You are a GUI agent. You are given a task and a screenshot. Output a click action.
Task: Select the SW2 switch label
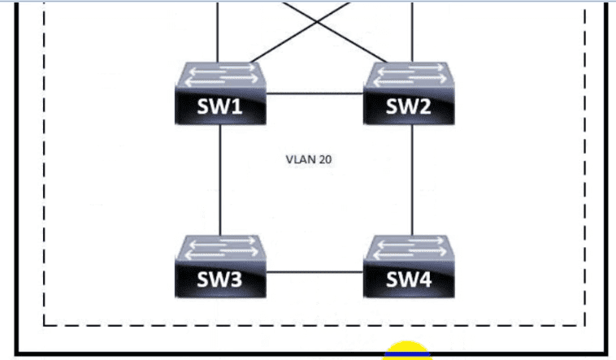pyautogui.click(x=409, y=107)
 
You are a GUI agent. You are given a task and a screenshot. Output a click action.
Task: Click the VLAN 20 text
pyautogui.click(x=308, y=160)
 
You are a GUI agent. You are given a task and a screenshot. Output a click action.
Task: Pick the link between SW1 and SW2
pyautogui.click(x=315, y=93)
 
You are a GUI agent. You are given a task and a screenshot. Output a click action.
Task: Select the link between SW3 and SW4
pyautogui.click(x=315, y=272)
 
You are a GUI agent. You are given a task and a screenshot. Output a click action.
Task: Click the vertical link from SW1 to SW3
pyautogui.click(x=220, y=179)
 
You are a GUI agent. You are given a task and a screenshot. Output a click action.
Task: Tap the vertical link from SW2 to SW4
pyautogui.click(x=413, y=179)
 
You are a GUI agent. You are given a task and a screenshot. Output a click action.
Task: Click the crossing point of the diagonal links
pyautogui.click(x=315, y=22)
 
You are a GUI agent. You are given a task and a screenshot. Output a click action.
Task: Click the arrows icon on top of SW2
pyautogui.click(x=409, y=76)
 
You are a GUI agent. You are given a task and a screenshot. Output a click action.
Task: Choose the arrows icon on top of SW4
pyautogui.click(x=409, y=248)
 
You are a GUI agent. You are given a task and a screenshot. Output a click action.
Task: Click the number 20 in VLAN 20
pyautogui.click(x=325, y=160)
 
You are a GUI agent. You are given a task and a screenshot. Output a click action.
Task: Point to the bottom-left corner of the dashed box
pyautogui.click(x=43, y=324)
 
